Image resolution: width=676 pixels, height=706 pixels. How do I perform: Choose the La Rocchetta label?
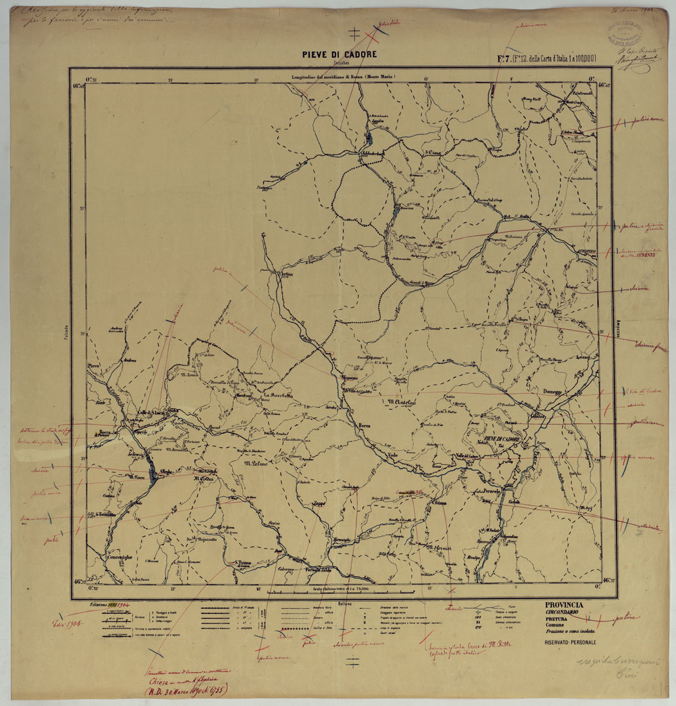[x=278, y=396]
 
